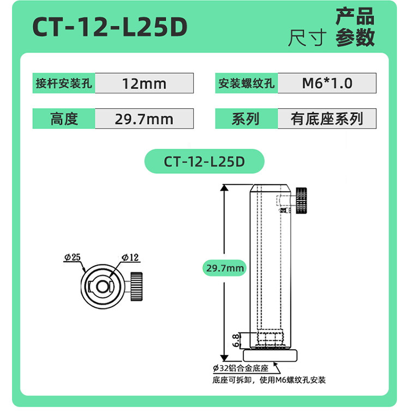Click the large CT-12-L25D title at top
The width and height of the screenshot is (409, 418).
click(x=110, y=27)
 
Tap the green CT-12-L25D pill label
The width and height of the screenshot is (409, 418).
click(x=204, y=161)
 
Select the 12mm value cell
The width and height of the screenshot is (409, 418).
click(x=144, y=83)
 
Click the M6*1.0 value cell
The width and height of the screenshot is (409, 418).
click(x=327, y=83)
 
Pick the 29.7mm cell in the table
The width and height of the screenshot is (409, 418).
click(x=144, y=119)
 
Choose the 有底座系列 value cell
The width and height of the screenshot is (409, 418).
click(x=327, y=119)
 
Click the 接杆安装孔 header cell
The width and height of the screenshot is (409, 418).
click(x=64, y=83)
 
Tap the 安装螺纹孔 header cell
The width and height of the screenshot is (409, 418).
click(x=246, y=83)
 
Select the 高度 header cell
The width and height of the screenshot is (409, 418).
click(x=64, y=119)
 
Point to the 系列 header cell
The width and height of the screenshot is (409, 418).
click(x=246, y=119)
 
